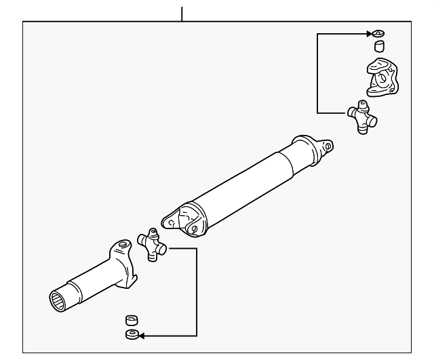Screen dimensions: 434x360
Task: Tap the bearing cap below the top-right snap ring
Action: [x=380, y=46]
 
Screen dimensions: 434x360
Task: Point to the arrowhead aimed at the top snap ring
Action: [x=369, y=33]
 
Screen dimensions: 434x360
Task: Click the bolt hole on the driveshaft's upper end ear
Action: [x=328, y=145]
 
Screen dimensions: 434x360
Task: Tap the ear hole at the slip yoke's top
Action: [x=122, y=245]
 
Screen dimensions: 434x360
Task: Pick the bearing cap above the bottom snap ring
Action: [x=132, y=320]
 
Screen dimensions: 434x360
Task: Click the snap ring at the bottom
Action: [x=132, y=334]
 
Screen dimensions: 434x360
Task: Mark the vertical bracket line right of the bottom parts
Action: [x=197, y=292]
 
